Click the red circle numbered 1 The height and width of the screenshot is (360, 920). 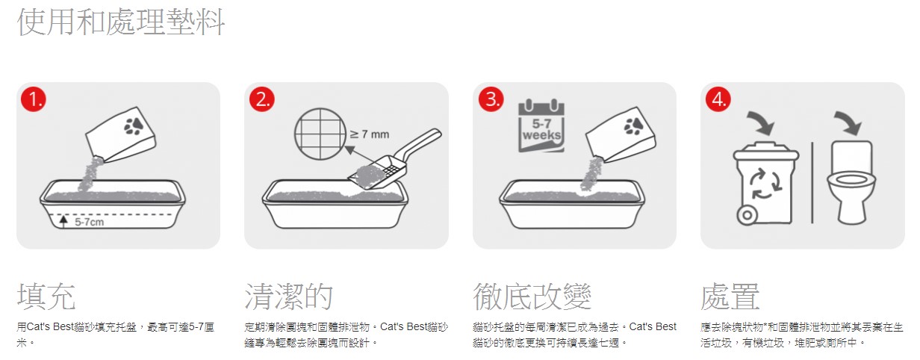coord(34,99)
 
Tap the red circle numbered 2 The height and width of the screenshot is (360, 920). coord(262,99)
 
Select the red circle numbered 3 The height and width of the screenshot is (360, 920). coord(491,99)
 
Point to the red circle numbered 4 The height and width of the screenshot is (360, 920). coord(718,99)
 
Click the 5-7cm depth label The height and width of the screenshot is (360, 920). coord(89,222)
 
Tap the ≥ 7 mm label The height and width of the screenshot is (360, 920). coord(370,134)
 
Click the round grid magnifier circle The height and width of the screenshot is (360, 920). coord(320,134)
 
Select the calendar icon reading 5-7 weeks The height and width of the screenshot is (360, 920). coord(541,125)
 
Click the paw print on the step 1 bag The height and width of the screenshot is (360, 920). coord(133,125)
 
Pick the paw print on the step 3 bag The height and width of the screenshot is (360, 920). coord(633,125)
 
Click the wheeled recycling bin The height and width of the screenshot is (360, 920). coord(765,183)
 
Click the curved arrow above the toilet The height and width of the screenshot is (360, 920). coord(849,122)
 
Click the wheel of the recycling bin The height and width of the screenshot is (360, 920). coord(747,215)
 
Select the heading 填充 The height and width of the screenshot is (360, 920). coord(46,297)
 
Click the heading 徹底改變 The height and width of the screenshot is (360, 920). coord(532,297)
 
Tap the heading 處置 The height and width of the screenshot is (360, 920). coord(730,297)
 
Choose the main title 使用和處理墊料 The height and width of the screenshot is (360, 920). coord(121,22)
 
